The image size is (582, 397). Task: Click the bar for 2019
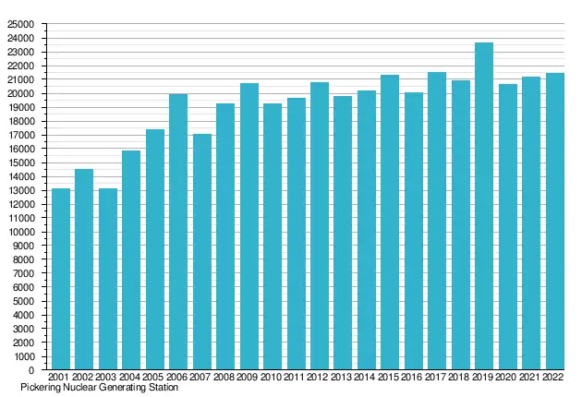click(x=484, y=206)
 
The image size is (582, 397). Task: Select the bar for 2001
click(x=60, y=279)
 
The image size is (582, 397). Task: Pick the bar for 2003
click(x=107, y=279)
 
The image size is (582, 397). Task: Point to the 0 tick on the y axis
click(x=31, y=370)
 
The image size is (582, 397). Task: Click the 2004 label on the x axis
click(x=130, y=378)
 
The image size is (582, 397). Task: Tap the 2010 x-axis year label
click(x=272, y=378)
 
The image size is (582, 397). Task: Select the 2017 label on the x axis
click(x=437, y=378)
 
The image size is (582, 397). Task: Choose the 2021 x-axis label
click(x=531, y=378)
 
